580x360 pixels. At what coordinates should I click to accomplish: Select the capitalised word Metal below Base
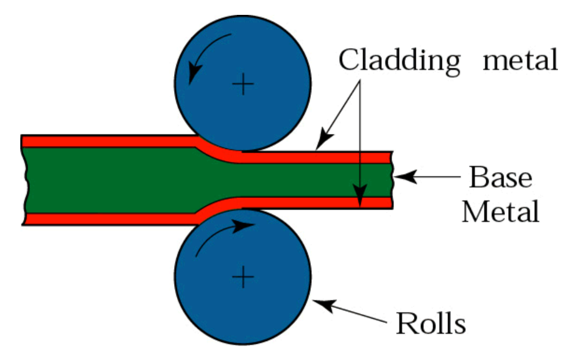pos(500,212)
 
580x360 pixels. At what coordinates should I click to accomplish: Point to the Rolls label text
pos(431,323)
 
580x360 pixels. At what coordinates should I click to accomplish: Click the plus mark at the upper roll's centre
pos(243,86)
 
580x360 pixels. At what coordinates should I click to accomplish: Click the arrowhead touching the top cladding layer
pos(321,142)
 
